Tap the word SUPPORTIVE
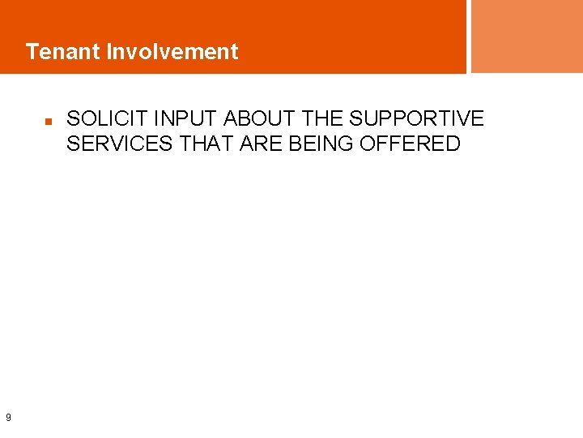[417, 119]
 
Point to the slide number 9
[8, 418]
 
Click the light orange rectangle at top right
[526, 36]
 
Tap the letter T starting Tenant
[32, 52]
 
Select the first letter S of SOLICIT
[73, 119]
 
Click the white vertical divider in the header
[469, 36]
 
